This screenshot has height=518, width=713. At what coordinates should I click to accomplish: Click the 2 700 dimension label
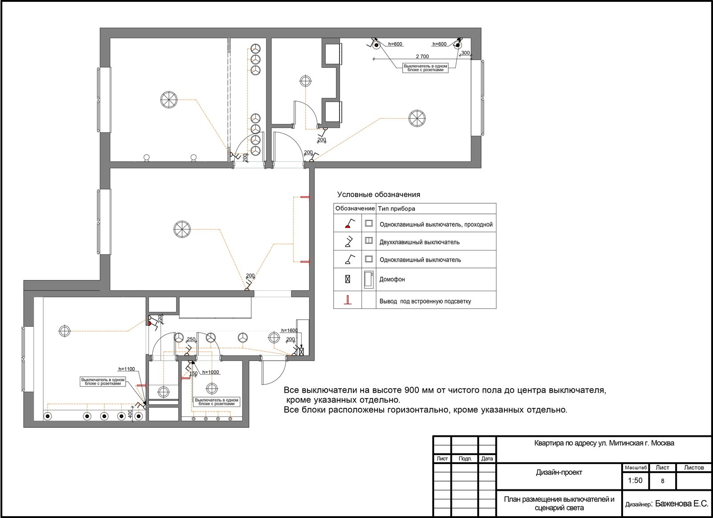[422, 56]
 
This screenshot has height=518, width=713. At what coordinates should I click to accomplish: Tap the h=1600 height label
[289, 330]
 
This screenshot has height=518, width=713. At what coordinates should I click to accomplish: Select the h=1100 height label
[127, 369]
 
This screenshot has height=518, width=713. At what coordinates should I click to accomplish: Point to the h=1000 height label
[211, 372]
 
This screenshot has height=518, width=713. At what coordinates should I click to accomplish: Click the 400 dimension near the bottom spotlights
[130, 414]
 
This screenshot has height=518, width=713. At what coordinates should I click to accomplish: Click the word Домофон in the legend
[392, 280]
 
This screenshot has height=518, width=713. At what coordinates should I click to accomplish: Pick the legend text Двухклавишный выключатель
[419, 243]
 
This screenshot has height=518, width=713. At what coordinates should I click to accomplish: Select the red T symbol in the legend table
[348, 300]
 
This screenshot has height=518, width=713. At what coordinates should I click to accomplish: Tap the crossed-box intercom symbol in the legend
[348, 279]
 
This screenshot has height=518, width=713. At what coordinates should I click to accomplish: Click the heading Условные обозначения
[379, 194]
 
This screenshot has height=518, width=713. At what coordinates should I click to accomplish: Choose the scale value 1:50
[635, 480]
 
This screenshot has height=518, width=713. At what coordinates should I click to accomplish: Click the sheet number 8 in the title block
[663, 481]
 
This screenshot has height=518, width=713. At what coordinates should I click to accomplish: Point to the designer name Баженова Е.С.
[682, 503]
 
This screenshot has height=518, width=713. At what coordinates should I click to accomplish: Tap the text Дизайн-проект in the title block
[559, 472]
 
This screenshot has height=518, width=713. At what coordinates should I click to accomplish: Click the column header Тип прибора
[397, 209]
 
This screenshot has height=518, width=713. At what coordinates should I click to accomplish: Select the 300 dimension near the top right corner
[465, 53]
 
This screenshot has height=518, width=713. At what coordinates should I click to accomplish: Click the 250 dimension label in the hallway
[191, 339]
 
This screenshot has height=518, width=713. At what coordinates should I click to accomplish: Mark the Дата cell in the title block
[487, 458]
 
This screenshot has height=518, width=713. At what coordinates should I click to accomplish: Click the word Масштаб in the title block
[636, 468]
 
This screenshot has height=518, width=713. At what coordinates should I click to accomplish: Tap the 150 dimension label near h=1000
[193, 374]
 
